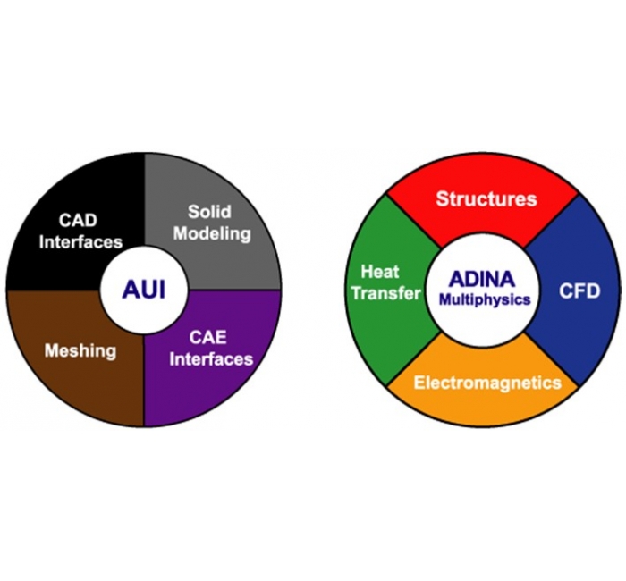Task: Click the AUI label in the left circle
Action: (144, 289)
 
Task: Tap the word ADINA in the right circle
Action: (484, 279)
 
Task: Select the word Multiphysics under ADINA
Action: (484, 300)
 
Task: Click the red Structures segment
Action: (486, 198)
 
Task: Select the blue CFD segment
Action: (577, 290)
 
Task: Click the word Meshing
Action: (80, 349)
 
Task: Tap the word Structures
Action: (486, 198)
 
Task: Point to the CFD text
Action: (578, 290)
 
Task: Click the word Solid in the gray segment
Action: (209, 212)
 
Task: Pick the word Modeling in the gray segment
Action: (212, 233)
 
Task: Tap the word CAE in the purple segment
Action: (211, 338)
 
